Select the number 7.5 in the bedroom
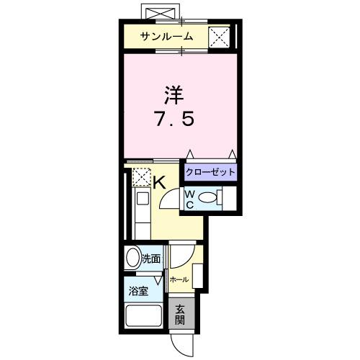pyautogui.click(x=172, y=118)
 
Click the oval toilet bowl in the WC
pyautogui.click(x=207, y=199)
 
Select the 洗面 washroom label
pyautogui.click(x=150, y=258)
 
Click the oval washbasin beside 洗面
pyautogui.click(x=132, y=258)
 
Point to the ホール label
pyautogui.click(x=179, y=279)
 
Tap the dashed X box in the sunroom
pyautogui.click(x=219, y=36)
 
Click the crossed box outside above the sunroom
pyautogui.click(x=161, y=14)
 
